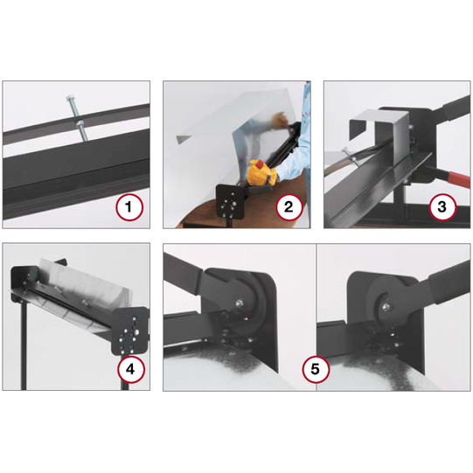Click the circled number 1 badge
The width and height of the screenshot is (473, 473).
pyautogui.click(x=129, y=207)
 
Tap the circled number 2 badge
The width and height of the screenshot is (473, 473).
pyautogui.click(x=289, y=207)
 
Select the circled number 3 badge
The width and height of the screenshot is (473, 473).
pyautogui.click(x=442, y=207)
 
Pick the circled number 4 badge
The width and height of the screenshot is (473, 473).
pyautogui.click(x=131, y=369)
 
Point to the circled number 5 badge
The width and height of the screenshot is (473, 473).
pyautogui.click(x=315, y=369)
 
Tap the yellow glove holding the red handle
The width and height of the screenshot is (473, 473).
pyautogui.click(x=262, y=173)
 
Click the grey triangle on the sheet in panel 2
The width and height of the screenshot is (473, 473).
pyautogui.click(x=184, y=139)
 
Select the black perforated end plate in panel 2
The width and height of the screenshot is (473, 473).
pyautogui.click(x=231, y=201)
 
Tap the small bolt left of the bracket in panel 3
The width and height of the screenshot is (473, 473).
pyautogui.click(x=351, y=157)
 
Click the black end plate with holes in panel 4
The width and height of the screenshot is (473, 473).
pyautogui.click(x=130, y=331)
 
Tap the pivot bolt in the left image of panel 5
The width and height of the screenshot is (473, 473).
pyautogui.click(x=239, y=302)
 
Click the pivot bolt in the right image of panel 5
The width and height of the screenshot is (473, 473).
pyautogui.click(x=386, y=307)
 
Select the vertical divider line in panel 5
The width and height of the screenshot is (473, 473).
pyautogui.click(x=316, y=317)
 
